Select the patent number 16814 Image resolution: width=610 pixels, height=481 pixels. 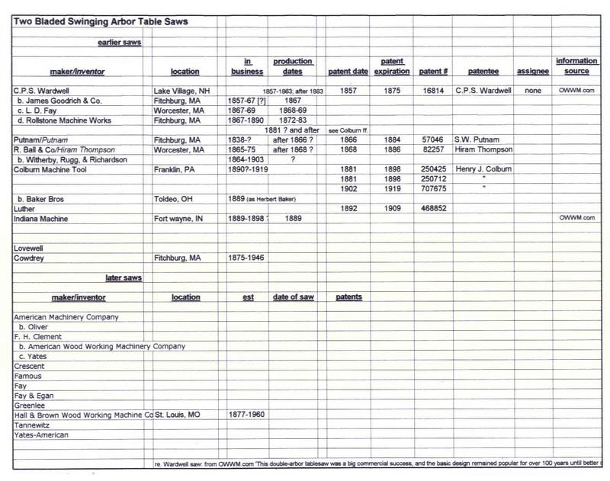[432, 90]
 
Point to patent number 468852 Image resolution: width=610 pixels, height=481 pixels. [434, 208]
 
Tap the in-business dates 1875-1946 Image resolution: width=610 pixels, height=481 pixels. [246, 258]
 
